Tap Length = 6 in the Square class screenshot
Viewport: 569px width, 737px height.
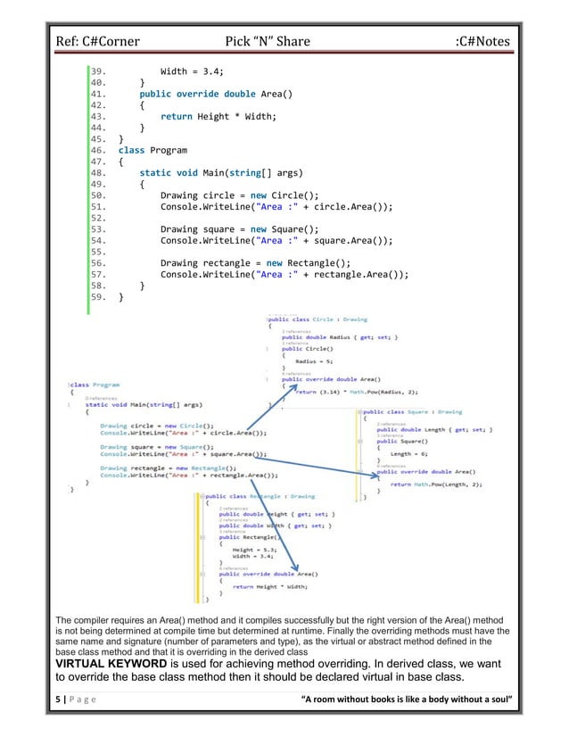(409, 454)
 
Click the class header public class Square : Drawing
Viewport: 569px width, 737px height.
(411, 412)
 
